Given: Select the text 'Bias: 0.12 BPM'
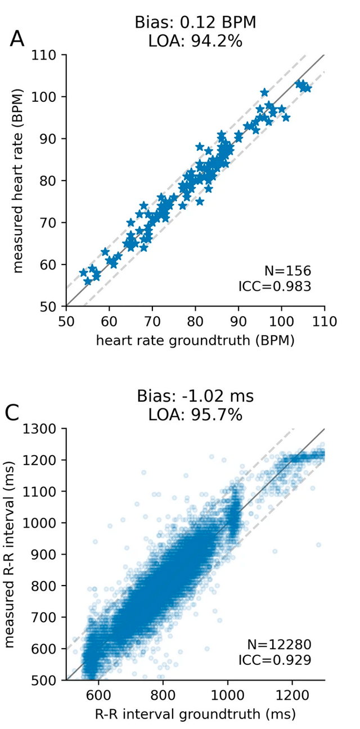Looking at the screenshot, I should point(195,22).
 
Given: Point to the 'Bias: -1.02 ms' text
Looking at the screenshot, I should point(195,396).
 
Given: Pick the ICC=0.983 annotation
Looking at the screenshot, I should point(274,287).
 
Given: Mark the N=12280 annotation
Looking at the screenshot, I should point(279,644).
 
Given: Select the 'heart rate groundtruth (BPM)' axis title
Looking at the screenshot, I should point(195,340).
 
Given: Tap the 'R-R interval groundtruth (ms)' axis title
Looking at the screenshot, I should point(195,714).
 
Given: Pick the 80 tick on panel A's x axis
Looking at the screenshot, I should point(195,322).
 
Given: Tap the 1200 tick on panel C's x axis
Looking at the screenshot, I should point(292,695).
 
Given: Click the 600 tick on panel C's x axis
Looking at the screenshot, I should point(98,695).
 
